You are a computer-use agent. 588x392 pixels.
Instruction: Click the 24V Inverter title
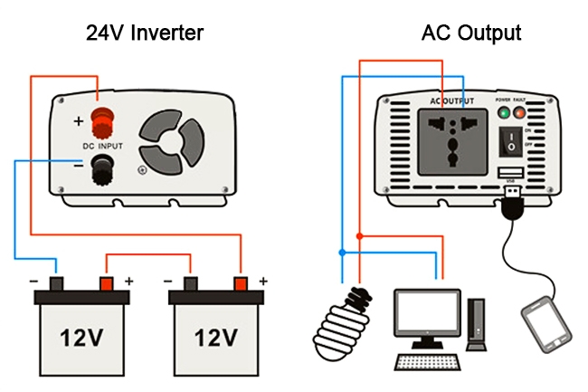pyautogui.click(x=145, y=33)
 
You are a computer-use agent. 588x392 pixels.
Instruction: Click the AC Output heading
pyautogui.click(x=470, y=33)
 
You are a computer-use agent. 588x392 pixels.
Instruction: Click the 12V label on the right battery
pyautogui.click(x=215, y=338)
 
